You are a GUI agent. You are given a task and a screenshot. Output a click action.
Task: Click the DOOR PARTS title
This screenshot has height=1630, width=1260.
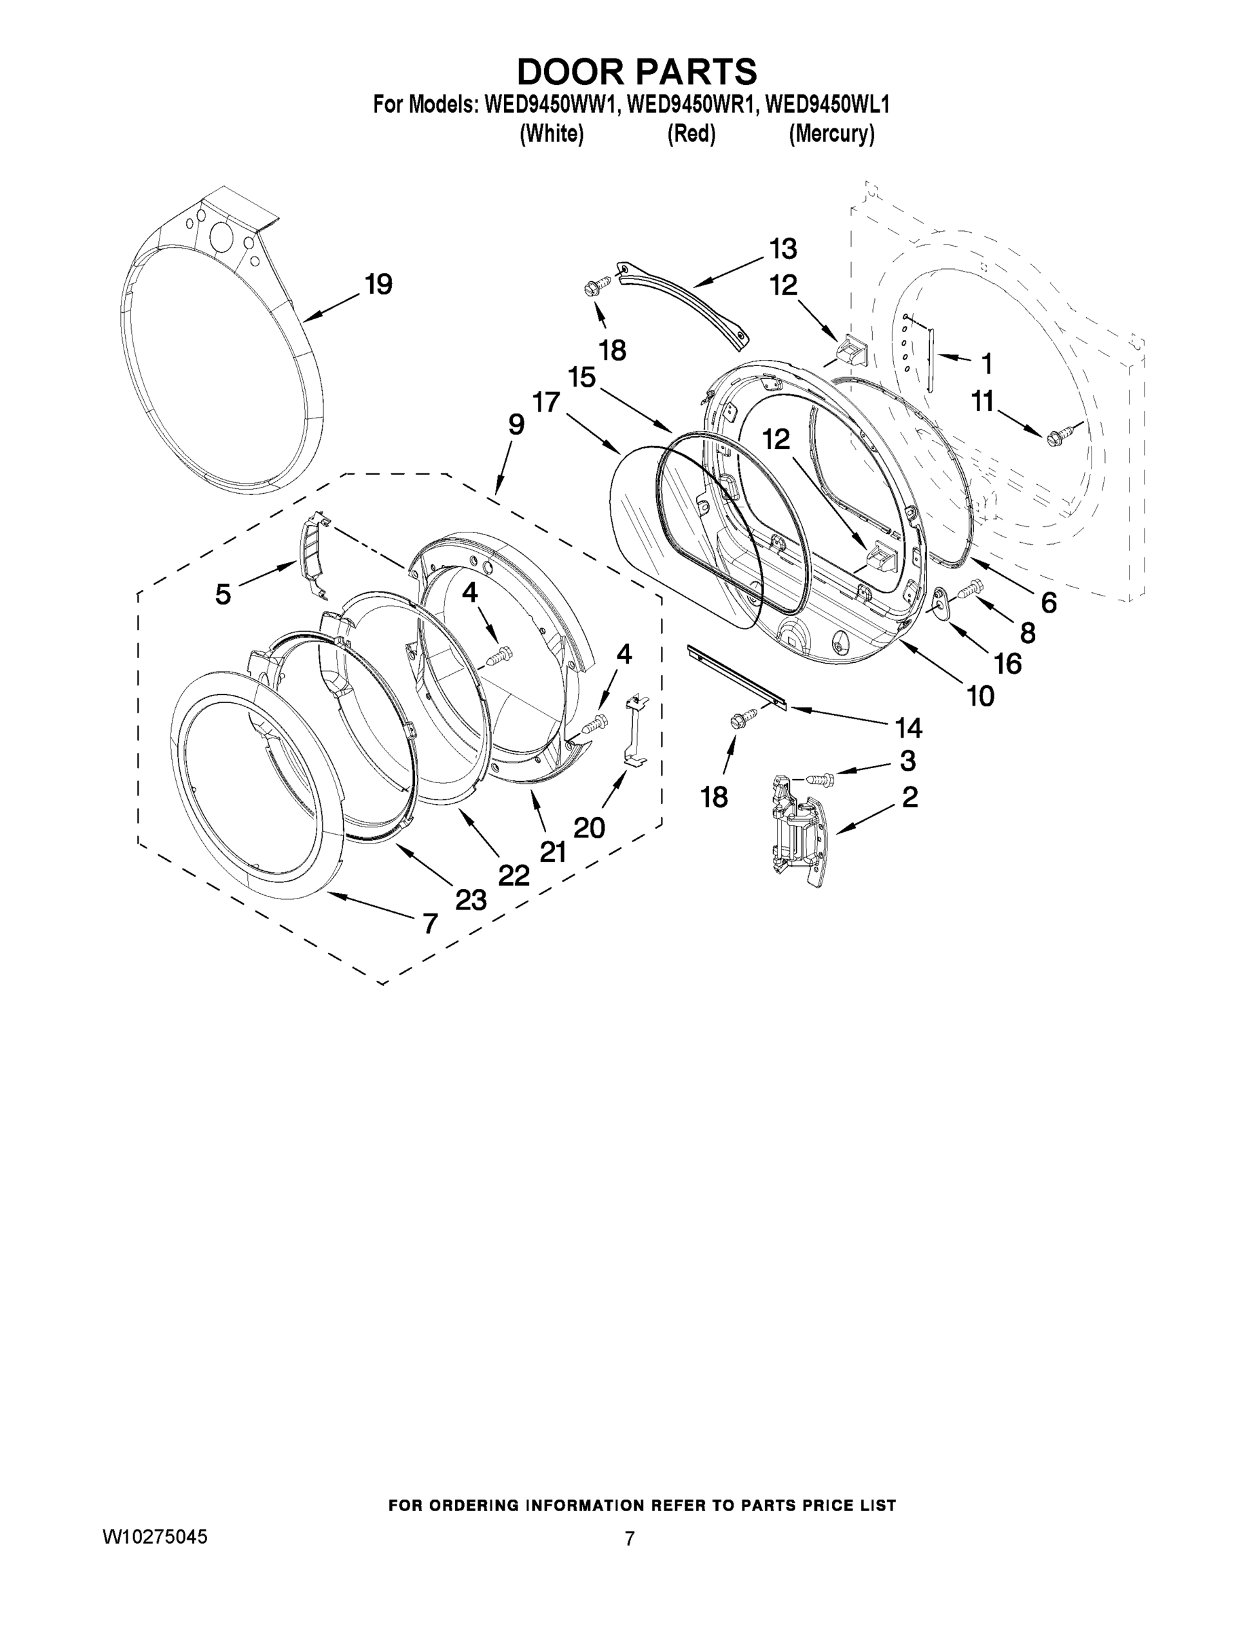(636, 73)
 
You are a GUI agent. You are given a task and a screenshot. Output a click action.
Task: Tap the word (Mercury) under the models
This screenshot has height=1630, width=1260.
(831, 134)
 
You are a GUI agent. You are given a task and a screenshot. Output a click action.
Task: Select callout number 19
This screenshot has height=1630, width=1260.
(378, 285)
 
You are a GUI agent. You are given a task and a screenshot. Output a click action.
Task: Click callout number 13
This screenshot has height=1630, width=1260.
(783, 248)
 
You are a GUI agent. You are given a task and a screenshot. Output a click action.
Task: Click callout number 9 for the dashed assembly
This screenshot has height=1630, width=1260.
(516, 425)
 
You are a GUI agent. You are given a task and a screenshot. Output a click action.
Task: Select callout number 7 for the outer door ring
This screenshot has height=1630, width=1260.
(430, 924)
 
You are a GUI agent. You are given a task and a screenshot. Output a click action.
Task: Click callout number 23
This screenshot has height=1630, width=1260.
(471, 900)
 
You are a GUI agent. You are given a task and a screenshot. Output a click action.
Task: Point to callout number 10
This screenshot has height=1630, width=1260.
(980, 696)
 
